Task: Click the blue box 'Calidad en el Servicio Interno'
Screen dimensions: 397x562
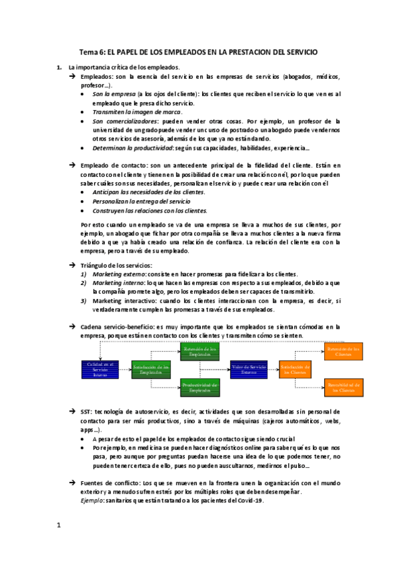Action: (99, 369)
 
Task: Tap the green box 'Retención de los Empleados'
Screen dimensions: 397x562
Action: (200, 351)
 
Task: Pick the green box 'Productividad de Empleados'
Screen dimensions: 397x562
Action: (200, 388)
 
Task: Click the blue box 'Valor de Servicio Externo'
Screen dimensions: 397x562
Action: (249, 369)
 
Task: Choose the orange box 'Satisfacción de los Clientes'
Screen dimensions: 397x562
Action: (295, 369)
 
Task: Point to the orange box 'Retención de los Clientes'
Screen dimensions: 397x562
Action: (343, 351)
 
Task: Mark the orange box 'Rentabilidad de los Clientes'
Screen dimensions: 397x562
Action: (343, 388)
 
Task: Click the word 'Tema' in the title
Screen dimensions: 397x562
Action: (89, 52)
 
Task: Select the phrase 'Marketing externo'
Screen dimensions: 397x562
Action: (117, 274)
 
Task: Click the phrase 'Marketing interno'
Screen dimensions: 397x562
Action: (116, 283)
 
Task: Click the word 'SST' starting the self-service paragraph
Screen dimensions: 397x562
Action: (86, 412)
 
